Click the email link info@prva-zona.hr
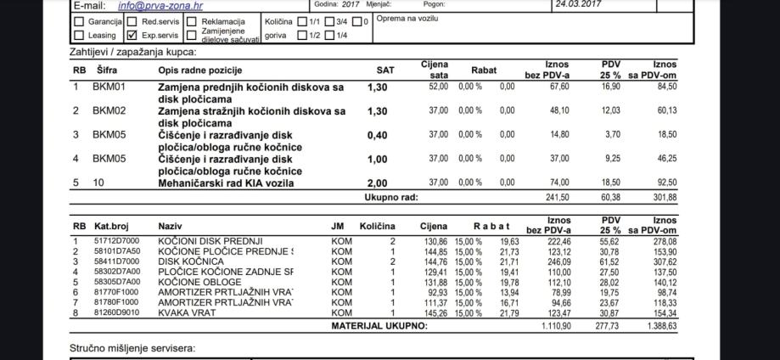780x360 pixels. [149, 5]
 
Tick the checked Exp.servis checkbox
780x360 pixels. [132, 36]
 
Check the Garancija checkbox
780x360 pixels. [80, 21]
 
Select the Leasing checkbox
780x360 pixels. [80, 36]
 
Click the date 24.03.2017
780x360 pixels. [578, 4]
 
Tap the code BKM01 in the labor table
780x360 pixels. [109, 87]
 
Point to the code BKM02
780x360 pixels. [109, 110]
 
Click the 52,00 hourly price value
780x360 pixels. [438, 87]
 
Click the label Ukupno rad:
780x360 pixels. [390, 198]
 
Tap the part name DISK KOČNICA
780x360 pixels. [191, 262]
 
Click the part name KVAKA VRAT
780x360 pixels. [187, 313]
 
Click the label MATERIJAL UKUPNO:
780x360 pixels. [379, 327]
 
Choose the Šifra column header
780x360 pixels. [105, 70]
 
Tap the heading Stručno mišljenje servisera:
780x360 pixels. [132, 348]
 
